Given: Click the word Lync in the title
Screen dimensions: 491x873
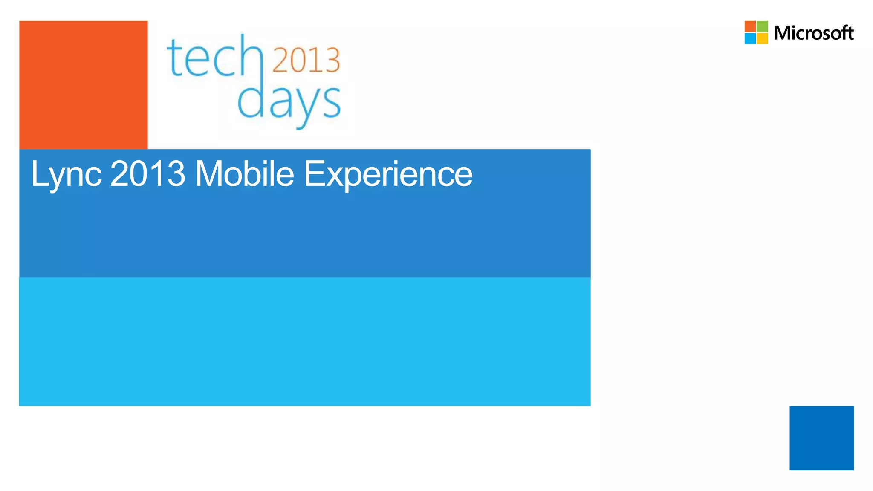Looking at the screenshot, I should point(66,175).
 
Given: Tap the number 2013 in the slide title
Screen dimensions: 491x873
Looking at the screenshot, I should point(147,174).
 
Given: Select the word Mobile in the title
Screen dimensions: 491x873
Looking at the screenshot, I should point(244,174).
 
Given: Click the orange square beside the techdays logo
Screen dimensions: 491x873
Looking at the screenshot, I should point(84,85).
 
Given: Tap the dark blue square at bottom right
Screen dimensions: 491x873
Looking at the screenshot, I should point(821,438).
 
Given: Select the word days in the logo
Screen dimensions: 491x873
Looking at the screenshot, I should point(289,102).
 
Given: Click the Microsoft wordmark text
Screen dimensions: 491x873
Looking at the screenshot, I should point(813,33).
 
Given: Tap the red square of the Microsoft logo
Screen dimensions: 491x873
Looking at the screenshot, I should point(750,26).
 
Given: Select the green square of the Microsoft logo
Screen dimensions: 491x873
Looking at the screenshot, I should point(762,26).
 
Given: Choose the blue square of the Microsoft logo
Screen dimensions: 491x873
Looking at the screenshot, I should point(750,38).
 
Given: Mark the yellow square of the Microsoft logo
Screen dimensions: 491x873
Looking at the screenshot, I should point(762,38).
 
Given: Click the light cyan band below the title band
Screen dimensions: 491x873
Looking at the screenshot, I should point(305,341).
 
